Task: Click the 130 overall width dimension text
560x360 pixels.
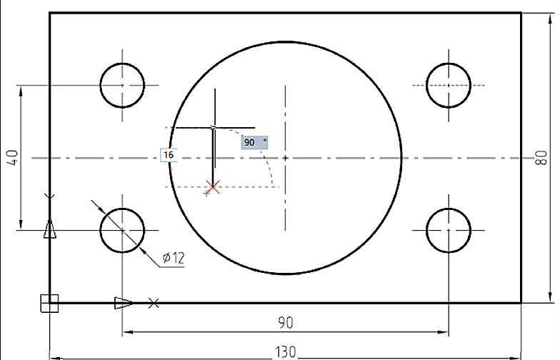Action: point(285,351)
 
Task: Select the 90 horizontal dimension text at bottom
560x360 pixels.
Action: point(286,323)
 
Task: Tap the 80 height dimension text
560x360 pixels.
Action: point(541,157)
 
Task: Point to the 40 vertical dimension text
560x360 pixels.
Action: point(12,157)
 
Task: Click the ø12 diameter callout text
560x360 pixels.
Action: point(174,257)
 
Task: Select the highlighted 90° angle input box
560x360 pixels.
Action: point(254,143)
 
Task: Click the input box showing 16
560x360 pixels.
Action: point(169,155)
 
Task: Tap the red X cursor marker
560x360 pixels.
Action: point(213,186)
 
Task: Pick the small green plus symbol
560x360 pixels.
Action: point(206,194)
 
